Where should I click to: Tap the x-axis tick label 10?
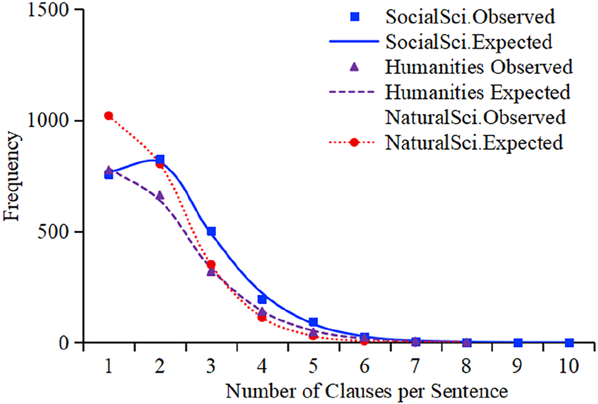568,366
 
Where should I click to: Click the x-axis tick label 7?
415,366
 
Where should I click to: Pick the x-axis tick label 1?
109,366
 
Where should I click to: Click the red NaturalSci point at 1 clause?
109,115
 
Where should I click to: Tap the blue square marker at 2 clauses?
160,160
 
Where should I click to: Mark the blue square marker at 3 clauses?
211,231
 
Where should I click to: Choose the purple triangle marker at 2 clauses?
160,196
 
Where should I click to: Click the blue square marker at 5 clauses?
313,322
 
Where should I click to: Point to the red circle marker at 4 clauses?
262,317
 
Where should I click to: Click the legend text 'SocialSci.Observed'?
474,17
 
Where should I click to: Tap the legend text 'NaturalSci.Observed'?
475,117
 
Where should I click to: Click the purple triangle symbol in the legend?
354,67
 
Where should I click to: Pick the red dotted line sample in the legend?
354,142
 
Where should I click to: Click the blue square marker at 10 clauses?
568,342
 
